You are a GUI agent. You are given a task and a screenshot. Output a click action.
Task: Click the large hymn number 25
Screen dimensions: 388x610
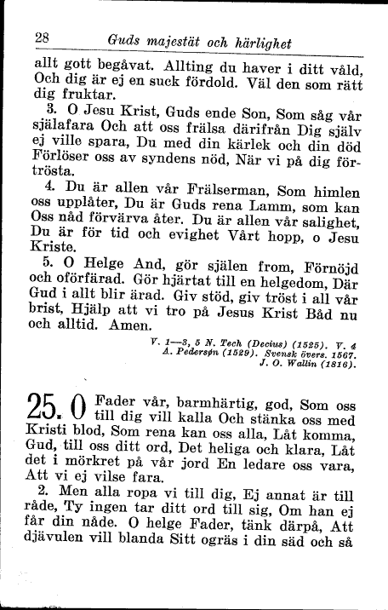coord(44,414)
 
